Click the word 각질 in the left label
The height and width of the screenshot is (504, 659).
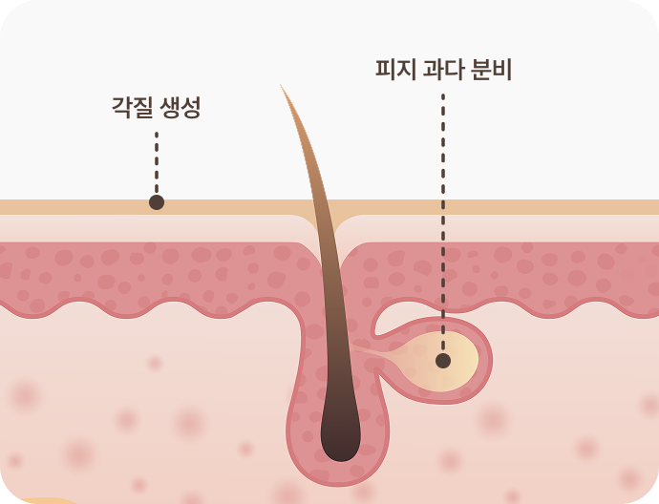point(133,108)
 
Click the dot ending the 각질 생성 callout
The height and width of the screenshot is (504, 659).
point(157,202)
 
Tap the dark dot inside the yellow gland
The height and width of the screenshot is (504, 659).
point(443,361)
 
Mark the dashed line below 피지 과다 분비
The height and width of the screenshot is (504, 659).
point(443,220)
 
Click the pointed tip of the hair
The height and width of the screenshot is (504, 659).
point(281,86)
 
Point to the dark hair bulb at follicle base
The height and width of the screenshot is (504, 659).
point(340,430)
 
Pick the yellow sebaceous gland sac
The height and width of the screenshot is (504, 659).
point(449,359)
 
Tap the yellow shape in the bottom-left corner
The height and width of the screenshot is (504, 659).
point(38,499)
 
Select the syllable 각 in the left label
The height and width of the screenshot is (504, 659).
point(122,108)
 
